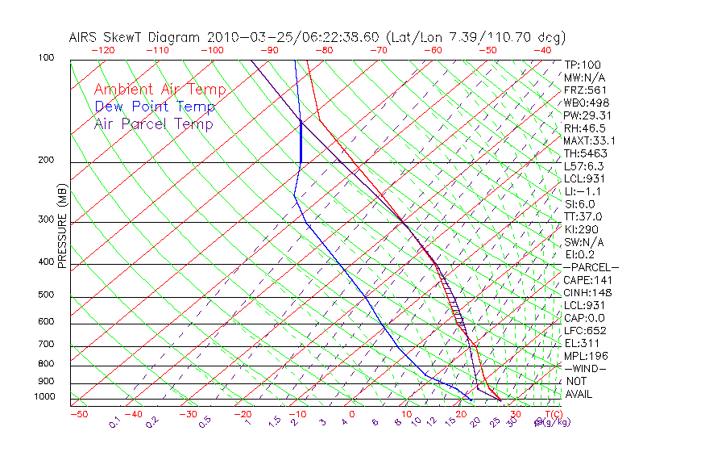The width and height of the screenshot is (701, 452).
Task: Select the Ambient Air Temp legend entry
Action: click(x=160, y=90)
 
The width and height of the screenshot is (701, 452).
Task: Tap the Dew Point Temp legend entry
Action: click(x=154, y=107)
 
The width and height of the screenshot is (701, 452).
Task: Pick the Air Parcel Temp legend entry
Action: click(x=153, y=123)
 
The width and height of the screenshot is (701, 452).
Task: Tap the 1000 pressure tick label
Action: click(x=45, y=397)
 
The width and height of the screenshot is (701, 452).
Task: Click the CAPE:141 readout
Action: click(x=584, y=280)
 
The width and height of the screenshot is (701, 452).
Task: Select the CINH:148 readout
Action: click(x=584, y=293)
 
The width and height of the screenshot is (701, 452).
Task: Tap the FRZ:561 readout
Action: click(x=584, y=90)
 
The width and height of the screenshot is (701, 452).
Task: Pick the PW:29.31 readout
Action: click(x=587, y=115)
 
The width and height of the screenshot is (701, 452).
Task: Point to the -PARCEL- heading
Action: click(x=591, y=267)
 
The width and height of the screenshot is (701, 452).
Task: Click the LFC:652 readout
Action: click(x=584, y=331)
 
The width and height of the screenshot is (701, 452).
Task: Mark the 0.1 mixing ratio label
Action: click(x=114, y=421)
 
